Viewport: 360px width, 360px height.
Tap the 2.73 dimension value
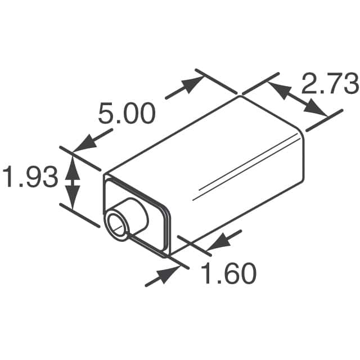point(330,84)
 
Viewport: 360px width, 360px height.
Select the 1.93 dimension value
point(29,178)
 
